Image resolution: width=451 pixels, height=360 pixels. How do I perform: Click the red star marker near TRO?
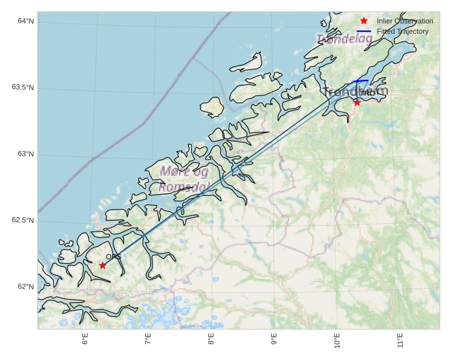coord(357,102)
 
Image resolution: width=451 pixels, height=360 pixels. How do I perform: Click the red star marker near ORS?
coord(103,265)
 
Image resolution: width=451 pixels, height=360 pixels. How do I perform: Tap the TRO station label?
coord(367,93)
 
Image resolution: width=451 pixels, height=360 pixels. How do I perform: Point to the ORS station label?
coord(113,258)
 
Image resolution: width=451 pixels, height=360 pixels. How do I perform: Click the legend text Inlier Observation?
coord(405,21)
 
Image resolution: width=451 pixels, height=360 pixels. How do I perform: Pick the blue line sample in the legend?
coord(363,31)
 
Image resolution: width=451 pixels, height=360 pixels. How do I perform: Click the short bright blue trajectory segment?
coord(361,81)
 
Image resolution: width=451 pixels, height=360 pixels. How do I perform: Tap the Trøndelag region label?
coord(345,39)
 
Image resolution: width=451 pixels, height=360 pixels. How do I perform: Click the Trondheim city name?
coord(355,91)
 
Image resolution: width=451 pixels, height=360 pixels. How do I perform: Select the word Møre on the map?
coord(175,172)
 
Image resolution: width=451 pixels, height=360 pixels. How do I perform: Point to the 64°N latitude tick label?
coord(26,21)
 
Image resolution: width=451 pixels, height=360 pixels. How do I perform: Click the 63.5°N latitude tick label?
coord(23,88)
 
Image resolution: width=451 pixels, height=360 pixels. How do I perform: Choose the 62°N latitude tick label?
coord(26,287)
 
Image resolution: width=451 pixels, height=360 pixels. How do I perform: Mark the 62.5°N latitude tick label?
coord(23,221)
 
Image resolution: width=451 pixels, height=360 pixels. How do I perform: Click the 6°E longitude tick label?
coord(85,339)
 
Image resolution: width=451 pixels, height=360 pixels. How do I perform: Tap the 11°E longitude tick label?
coord(400,339)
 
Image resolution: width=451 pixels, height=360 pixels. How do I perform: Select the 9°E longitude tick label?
coord(274,339)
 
